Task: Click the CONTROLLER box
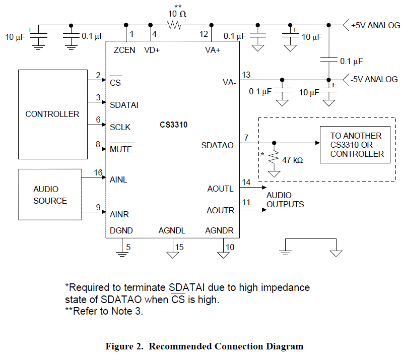pos(52,114)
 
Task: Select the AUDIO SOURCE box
pos(50,195)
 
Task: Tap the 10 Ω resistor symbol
pos(174,25)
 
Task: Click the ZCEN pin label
pos(124,50)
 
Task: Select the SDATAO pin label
pos(218,145)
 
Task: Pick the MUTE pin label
pos(121,149)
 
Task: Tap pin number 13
pos(246,75)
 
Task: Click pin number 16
pos(98,172)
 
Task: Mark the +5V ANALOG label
pos(375,25)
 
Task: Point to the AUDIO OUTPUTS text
pos(285,200)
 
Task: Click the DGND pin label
pos(121,230)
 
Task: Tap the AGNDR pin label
pos(220,230)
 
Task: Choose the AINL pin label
pos(119,179)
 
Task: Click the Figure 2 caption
pos(204,346)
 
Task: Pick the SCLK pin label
pos(120,127)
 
